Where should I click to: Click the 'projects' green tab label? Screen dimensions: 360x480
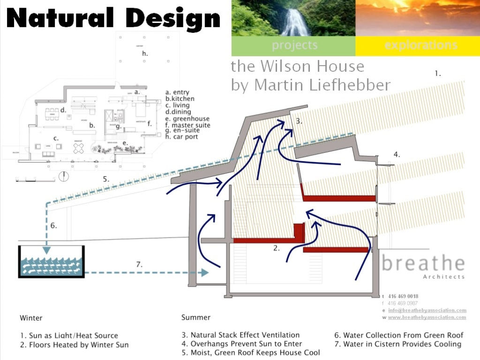pos(294,45)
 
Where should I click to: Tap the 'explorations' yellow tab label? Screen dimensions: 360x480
pos(420,45)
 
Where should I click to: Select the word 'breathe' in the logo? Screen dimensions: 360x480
pos(423,263)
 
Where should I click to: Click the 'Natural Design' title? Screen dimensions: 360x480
pos(114,19)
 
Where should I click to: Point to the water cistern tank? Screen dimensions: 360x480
pos(51,262)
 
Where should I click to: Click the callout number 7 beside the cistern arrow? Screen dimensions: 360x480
pos(139,264)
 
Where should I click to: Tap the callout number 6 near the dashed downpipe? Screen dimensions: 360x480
pos(53,225)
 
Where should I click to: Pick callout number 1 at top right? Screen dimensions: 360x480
pos(438,74)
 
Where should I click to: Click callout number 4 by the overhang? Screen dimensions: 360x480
pos(397,154)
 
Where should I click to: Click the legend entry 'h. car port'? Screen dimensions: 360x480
pos(182,137)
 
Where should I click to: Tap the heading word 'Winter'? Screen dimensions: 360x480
pos(31,318)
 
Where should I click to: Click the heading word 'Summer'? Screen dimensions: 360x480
pos(196,317)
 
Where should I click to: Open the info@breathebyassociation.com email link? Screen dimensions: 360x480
pos(427,310)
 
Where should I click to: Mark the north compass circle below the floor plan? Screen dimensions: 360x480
pos(64,177)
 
